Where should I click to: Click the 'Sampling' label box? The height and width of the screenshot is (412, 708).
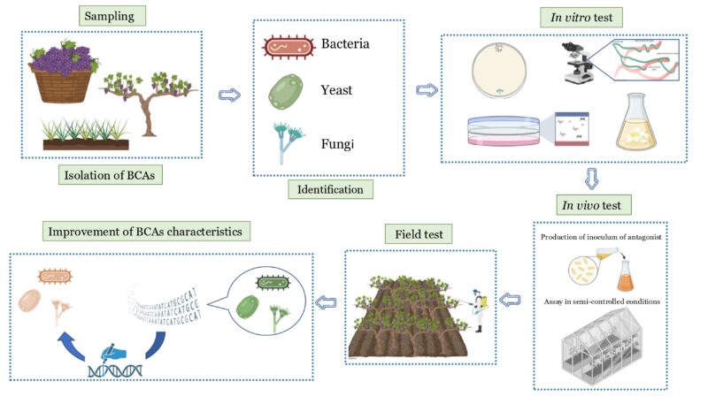point(114,16)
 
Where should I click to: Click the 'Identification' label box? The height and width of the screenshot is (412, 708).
point(330,188)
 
